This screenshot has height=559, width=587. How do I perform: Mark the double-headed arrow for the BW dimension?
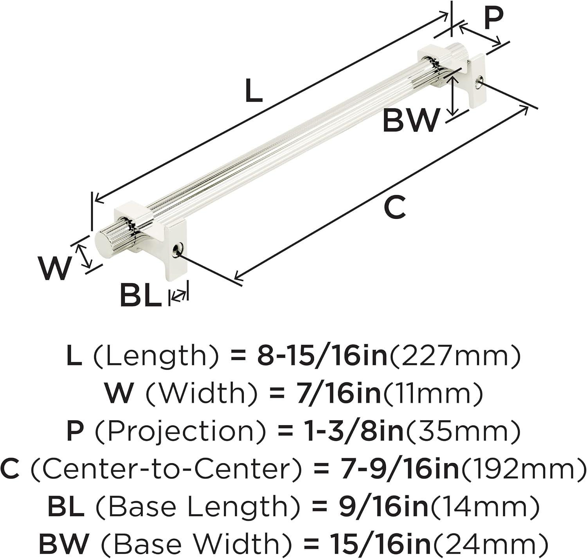[453, 95]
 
